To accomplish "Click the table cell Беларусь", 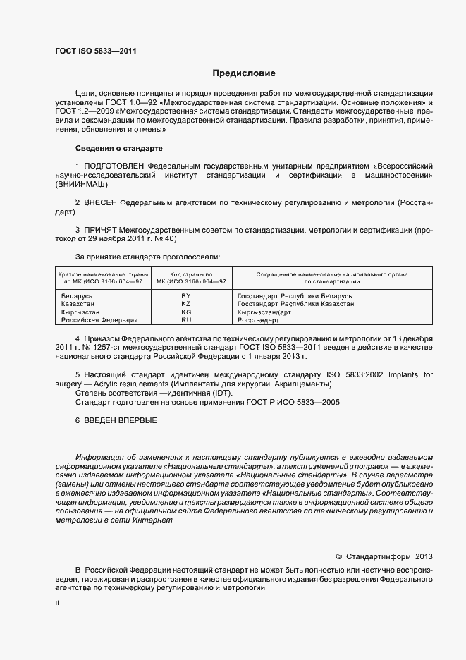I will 78,296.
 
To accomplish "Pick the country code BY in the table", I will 186,296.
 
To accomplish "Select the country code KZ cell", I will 186,304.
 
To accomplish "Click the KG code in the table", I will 186,312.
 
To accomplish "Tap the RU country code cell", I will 186,319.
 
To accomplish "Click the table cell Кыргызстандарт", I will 264,312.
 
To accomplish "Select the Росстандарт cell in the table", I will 259,319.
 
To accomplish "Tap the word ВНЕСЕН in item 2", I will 101,202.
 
